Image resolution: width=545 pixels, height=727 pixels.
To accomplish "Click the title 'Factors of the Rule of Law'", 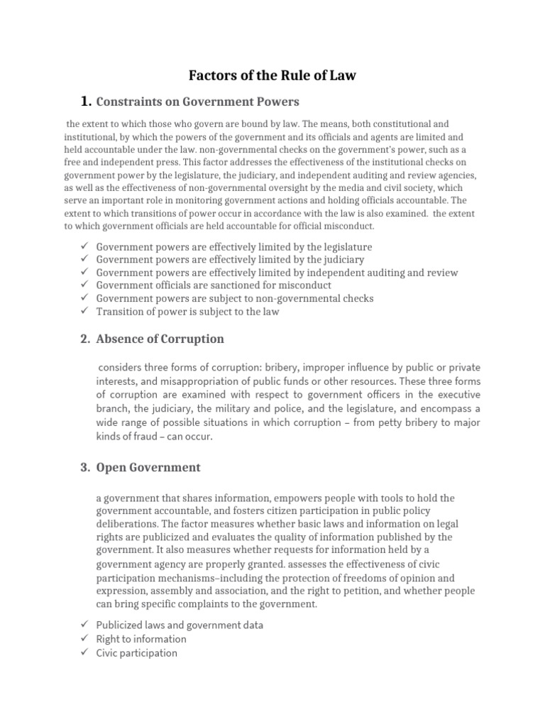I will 272,75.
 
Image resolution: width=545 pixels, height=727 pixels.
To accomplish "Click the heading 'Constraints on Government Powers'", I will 197,102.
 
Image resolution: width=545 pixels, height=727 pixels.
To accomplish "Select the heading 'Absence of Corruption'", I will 160,339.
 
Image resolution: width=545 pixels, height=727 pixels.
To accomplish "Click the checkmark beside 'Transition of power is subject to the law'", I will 84,311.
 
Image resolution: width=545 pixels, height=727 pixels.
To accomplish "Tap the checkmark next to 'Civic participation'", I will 84,652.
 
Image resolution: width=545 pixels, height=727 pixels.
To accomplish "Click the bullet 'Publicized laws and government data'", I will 180,625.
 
